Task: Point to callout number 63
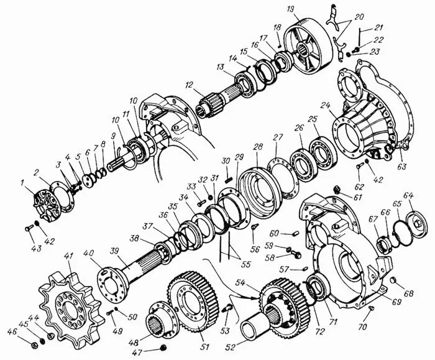(401, 167)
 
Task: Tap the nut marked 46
(34, 345)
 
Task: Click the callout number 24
(326, 106)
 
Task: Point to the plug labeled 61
(337, 190)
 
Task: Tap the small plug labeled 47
(163, 348)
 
